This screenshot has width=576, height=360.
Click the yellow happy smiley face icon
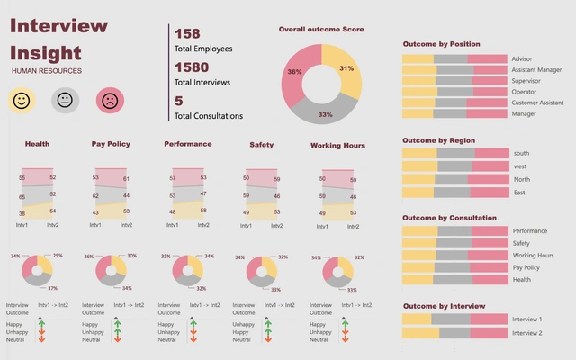pos(22,102)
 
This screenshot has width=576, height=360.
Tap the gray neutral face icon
pos(66,102)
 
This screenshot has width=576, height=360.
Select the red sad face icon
pos(110,102)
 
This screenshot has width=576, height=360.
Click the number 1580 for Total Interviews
pos(192,67)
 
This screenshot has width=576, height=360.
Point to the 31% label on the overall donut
pos(346,68)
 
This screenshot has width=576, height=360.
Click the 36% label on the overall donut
pos(294,71)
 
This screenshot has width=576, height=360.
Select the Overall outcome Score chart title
pos(321,30)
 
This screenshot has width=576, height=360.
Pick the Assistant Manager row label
pos(536,69)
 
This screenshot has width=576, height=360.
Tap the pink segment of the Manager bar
pos(489,113)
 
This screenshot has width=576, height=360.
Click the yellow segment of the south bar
pos(419,153)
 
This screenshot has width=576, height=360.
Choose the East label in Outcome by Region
pos(519,193)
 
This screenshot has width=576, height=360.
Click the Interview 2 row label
pos(526,333)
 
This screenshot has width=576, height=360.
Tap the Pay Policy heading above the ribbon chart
pos(111,144)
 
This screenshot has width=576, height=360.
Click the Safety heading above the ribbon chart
pos(261,144)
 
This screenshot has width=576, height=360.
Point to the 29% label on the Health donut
pos(58,256)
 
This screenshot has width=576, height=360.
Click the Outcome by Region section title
pos(438,140)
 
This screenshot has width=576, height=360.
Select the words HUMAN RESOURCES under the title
pos(47,70)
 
